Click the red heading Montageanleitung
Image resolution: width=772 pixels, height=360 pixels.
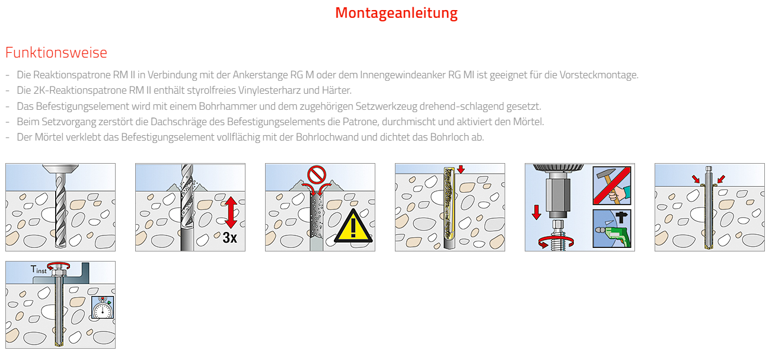396,13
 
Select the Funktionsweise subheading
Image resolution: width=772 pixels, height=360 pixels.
56,52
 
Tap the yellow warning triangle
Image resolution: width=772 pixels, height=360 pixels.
353,226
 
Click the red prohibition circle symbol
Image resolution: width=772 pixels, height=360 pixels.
317,174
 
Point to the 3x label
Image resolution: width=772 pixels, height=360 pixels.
229,238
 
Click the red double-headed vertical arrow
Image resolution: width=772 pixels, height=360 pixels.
231,212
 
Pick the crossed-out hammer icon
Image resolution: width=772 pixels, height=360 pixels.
612,186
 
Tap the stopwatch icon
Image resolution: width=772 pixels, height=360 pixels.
103,307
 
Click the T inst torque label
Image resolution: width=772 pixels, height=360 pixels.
39,269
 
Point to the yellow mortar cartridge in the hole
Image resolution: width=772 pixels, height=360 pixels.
449,205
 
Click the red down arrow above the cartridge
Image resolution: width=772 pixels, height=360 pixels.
461,169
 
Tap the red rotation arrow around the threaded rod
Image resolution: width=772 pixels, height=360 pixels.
556,243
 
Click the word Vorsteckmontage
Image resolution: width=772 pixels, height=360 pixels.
599,75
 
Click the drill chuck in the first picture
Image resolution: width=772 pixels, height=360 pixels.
60,169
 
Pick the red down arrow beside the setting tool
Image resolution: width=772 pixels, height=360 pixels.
536,212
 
